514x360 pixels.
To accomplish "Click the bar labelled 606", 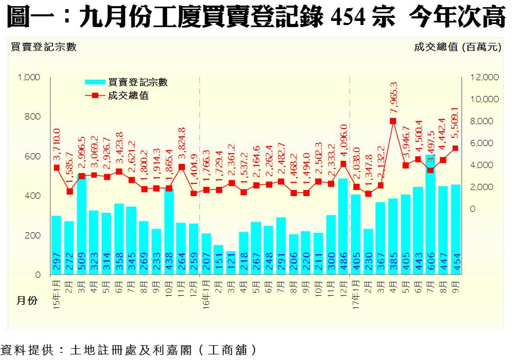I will pos(430,214).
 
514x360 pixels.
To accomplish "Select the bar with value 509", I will pos(81,225).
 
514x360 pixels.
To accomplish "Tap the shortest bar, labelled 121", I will pos(231,263).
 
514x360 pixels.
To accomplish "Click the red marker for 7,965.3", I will pos(393,121).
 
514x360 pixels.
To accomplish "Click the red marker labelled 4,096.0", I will pos(343,164).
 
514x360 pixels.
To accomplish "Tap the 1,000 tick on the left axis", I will pos(29,77).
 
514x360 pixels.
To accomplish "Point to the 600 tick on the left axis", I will pos(32,156).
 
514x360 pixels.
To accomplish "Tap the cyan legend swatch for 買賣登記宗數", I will pos(95,82).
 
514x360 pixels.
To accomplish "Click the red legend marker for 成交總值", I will pos(95,95).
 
